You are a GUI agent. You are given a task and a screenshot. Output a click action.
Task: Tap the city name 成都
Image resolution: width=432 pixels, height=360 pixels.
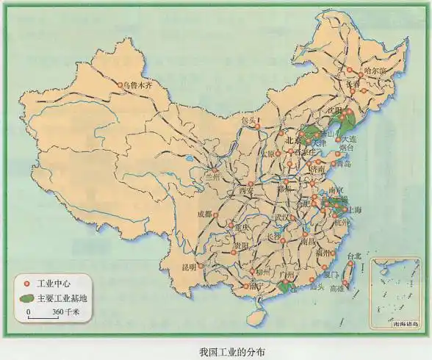click(204, 215)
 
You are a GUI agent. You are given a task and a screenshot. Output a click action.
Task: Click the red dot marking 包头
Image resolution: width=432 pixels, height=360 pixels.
click(258, 126)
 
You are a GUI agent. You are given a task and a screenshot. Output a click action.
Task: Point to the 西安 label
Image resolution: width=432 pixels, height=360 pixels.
click(245, 192)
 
